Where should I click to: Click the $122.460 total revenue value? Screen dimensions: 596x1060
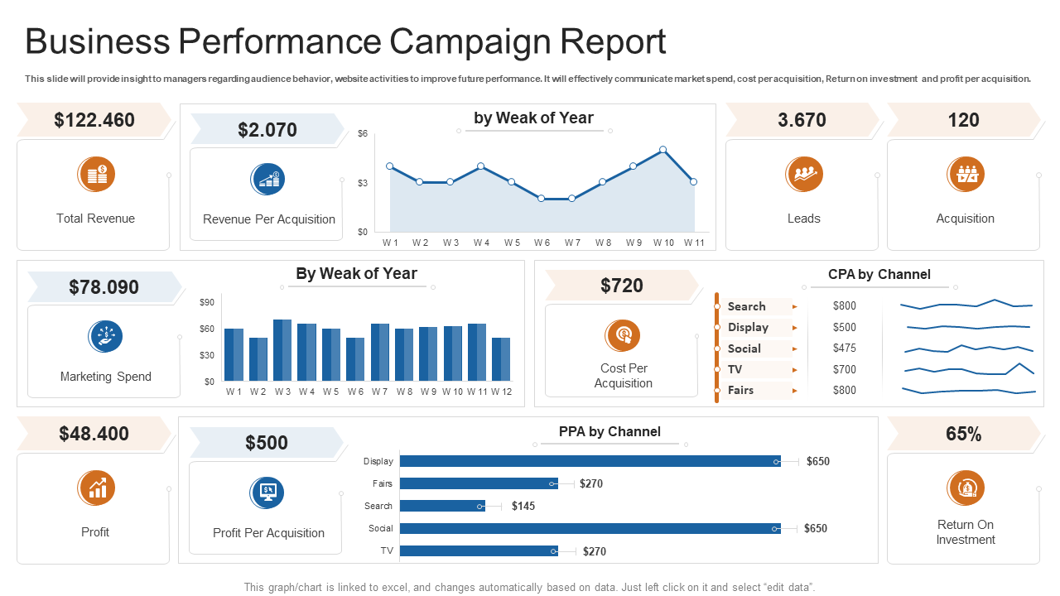pyautogui.click(x=94, y=120)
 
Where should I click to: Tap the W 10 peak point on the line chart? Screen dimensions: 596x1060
pyautogui.click(x=663, y=150)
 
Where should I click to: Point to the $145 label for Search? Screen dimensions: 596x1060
pyautogui.click(x=523, y=506)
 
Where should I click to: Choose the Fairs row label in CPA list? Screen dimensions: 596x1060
pyautogui.click(x=741, y=391)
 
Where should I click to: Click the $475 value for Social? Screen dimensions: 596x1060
pyautogui.click(x=845, y=348)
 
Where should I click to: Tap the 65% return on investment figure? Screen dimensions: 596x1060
pyautogui.click(x=963, y=434)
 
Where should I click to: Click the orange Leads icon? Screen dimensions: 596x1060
pyautogui.click(x=803, y=174)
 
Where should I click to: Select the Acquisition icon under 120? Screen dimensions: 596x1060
pyautogui.click(x=965, y=174)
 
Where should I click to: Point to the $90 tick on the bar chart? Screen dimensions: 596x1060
pyautogui.click(x=207, y=303)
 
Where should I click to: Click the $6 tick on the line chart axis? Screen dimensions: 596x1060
pyautogui.click(x=363, y=133)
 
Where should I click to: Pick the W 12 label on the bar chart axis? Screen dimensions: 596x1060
pyautogui.click(x=501, y=392)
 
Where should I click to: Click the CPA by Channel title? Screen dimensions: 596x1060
pyautogui.click(x=879, y=275)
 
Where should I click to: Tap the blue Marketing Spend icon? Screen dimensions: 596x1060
pyautogui.click(x=105, y=336)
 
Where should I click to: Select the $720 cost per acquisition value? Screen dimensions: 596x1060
pyautogui.click(x=622, y=286)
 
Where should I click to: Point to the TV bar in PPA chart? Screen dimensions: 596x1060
pyautogui.click(x=479, y=550)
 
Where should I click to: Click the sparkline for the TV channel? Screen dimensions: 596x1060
pyautogui.click(x=968, y=369)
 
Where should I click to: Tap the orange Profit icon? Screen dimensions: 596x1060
pyautogui.click(x=96, y=488)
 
